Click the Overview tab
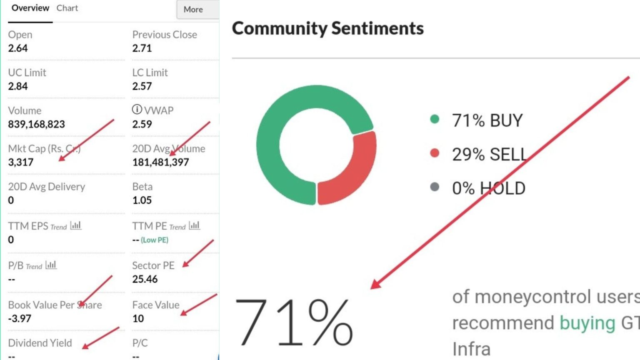30,8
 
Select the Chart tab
67,8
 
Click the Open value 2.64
18,48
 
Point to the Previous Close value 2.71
142,48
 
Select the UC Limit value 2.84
18,86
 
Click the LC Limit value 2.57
142,86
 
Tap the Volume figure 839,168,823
37,124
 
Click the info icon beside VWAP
137,109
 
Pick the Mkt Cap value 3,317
20,162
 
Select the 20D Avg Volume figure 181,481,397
160,162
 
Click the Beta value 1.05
142,200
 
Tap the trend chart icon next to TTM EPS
76,225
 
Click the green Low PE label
155,240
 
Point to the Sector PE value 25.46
145,279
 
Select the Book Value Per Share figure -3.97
20,318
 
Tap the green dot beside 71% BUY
435,119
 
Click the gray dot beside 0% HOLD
435,187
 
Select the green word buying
587,323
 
